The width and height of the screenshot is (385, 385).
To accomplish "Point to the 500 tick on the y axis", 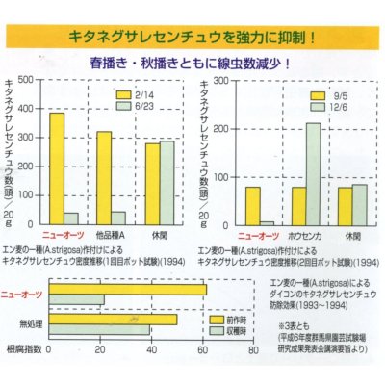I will point(26,80).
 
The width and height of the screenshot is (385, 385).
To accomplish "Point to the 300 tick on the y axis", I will point(26,138).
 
